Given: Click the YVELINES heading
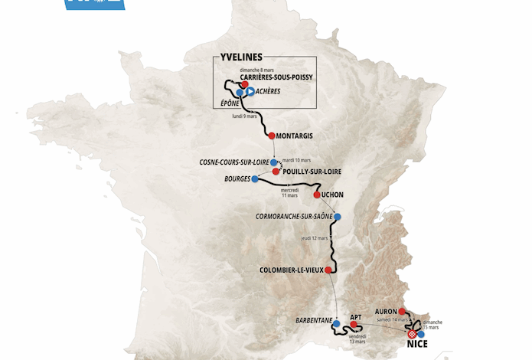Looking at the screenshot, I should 242,57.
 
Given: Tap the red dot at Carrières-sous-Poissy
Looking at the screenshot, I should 244,84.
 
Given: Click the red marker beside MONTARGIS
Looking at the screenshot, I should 272,136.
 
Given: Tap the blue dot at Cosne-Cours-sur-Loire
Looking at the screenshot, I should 273,162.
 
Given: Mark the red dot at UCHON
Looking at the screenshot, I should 317,195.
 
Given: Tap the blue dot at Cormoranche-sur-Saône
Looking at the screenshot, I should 338,217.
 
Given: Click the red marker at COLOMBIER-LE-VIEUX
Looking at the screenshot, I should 328,270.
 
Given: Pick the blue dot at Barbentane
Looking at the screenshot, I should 336,324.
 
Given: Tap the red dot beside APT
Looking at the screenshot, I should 354,325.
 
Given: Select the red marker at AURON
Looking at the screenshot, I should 402,312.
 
